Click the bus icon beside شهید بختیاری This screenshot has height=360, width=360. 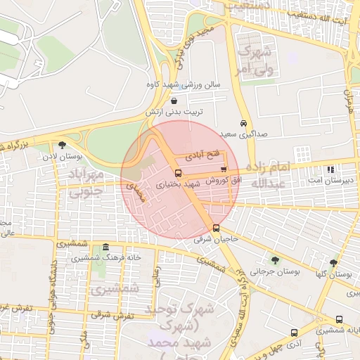pos(177,172)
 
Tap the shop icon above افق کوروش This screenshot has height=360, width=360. pos(224,169)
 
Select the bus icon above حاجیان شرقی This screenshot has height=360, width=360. pos(215,228)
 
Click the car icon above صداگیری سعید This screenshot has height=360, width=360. pos(243,122)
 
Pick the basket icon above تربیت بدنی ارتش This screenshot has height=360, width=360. pos(174,101)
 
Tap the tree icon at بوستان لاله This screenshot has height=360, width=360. pos(62,146)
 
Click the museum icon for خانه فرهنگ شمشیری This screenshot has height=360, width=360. pos(105,247)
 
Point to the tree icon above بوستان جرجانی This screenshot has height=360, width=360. pos(274,260)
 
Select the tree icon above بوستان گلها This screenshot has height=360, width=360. pos(334,262)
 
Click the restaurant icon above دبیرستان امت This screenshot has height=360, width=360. pos(330,169)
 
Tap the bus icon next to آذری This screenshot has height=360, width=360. pos(293,332)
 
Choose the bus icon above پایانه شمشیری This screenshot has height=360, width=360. pos(340,319)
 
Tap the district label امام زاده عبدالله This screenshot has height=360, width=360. pos(266,175)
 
